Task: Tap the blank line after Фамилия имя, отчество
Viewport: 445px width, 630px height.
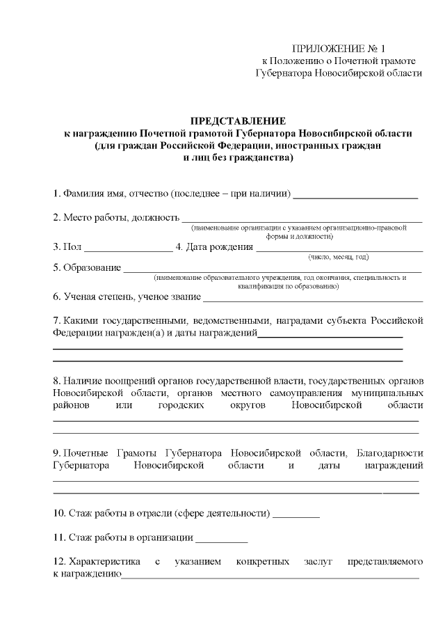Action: (x=355, y=197)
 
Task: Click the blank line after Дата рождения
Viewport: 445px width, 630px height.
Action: (x=339, y=249)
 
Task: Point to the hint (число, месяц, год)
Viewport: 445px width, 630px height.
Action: (x=339, y=258)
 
